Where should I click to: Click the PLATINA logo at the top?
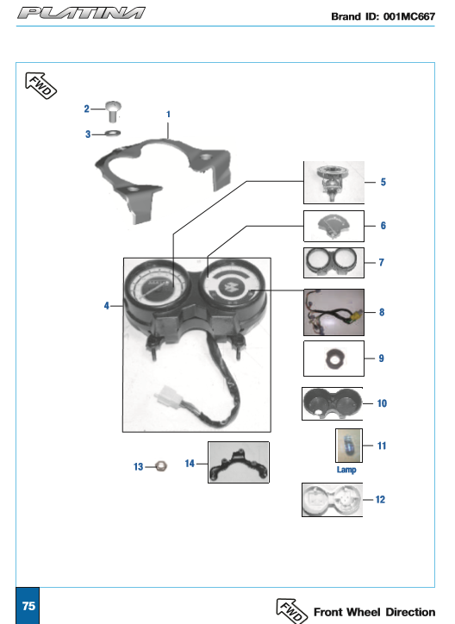[x=81, y=13]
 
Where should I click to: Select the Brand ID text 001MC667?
[x=409, y=16]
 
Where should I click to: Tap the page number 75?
[x=28, y=606]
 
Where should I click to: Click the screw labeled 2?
[x=113, y=111]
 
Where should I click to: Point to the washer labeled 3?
[x=113, y=133]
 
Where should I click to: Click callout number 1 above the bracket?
[x=168, y=115]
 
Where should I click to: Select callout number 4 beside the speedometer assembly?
[x=106, y=306]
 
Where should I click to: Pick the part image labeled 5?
[x=333, y=183]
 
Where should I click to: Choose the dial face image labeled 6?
[x=333, y=226]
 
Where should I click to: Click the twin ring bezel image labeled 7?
[x=333, y=263]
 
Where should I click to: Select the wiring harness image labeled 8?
[x=333, y=312]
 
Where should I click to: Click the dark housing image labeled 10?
[x=333, y=403]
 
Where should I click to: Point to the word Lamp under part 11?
[x=346, y=470]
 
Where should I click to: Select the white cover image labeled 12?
[x=333, y=500]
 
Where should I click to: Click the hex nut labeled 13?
[x=160, y=465]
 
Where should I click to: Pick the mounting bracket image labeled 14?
[x=239, y=463]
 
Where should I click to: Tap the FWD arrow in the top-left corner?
[x=41, y=85]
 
